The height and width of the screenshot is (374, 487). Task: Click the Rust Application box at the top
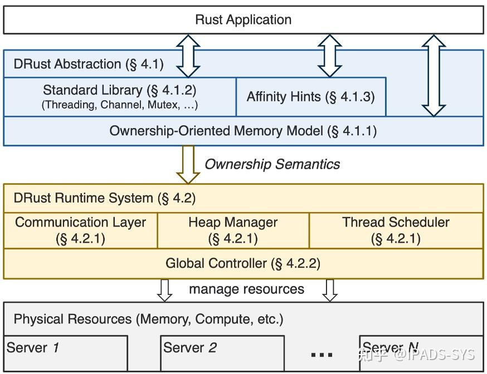coord(244,19)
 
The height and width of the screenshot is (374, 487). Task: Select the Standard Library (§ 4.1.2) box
coord(120,96)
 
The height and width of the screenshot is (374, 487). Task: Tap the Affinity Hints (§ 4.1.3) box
coord(310,96)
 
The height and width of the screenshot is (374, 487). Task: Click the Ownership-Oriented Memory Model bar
coord(244,131)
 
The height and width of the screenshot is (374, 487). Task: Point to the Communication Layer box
coord(81,230)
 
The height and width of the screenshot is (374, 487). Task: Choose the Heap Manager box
coord(233,230)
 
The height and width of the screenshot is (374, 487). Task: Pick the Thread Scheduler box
coord(396,230)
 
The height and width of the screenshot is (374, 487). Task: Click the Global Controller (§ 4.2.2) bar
coord(244,263)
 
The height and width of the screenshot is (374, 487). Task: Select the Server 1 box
coord(66,353)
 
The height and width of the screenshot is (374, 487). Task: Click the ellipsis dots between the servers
coord(322,355)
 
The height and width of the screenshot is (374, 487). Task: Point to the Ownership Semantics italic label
coord(272,164)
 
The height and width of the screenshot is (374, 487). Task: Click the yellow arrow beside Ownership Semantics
coord(188,164)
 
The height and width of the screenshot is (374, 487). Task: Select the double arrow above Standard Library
coord(188,56)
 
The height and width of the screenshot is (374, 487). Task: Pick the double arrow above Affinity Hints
coord(330,56)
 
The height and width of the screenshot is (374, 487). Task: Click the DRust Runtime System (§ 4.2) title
coord(105,198)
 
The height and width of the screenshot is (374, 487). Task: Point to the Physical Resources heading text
coord(148,319)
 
